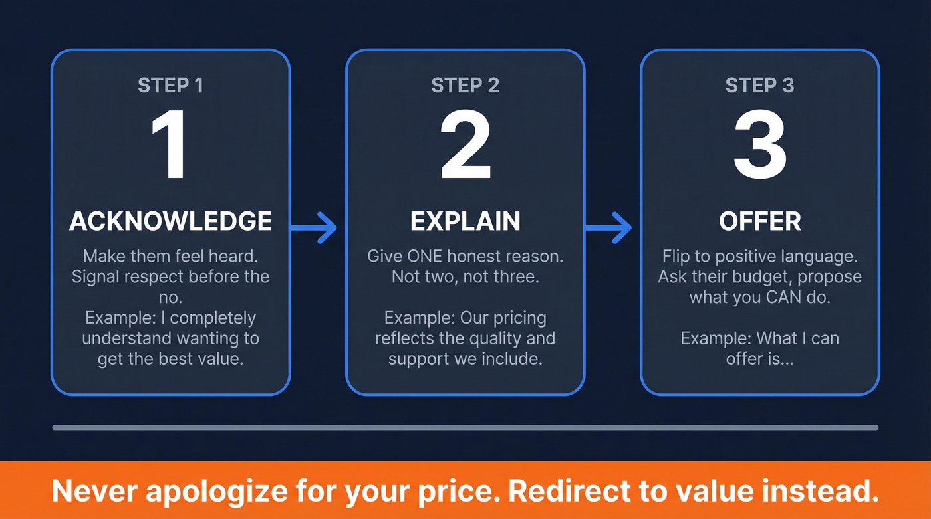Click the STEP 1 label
pyautogui.click(x=170, y=86)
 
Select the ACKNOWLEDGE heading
pyautogui.click(x=170, y=221)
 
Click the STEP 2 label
pyautogui.click(x=465, y=86)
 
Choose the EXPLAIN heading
pyautogui.click(x=465, y=221)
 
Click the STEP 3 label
pyautogui.click(x=759, y=86)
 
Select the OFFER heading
pyautogui.click(x=759, y=221)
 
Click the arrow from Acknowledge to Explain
pyautogui.click(x=316, y=227)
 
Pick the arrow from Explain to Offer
pyautogui.click(x=610, y=227)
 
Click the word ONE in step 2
pyautogui.click(x=423, y=257)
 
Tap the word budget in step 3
pyautogui.click(x=762, y=277)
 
